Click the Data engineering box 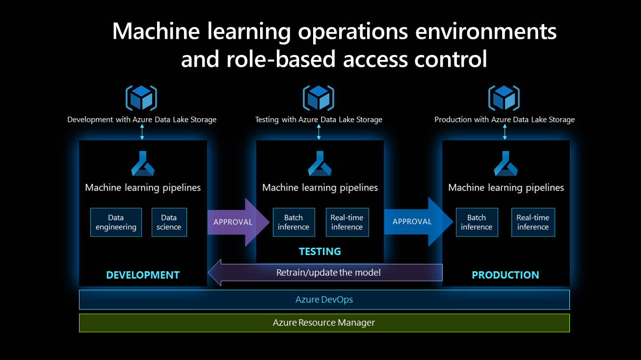(116, 222)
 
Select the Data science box (169, 222)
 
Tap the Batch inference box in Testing (294, 222)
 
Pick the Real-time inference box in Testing (347, 222)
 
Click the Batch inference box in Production (477, 222)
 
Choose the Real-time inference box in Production (533, 222)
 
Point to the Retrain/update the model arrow (328, 272)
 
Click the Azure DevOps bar (324, 299)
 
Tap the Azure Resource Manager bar (324, 323)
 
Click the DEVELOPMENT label (143, 275)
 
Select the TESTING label (320, 252)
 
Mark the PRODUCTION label (506, 275)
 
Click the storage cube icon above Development (141, 98)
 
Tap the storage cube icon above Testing (319, 98)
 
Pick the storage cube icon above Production (504, 98)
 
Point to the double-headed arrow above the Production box (505, 132)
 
